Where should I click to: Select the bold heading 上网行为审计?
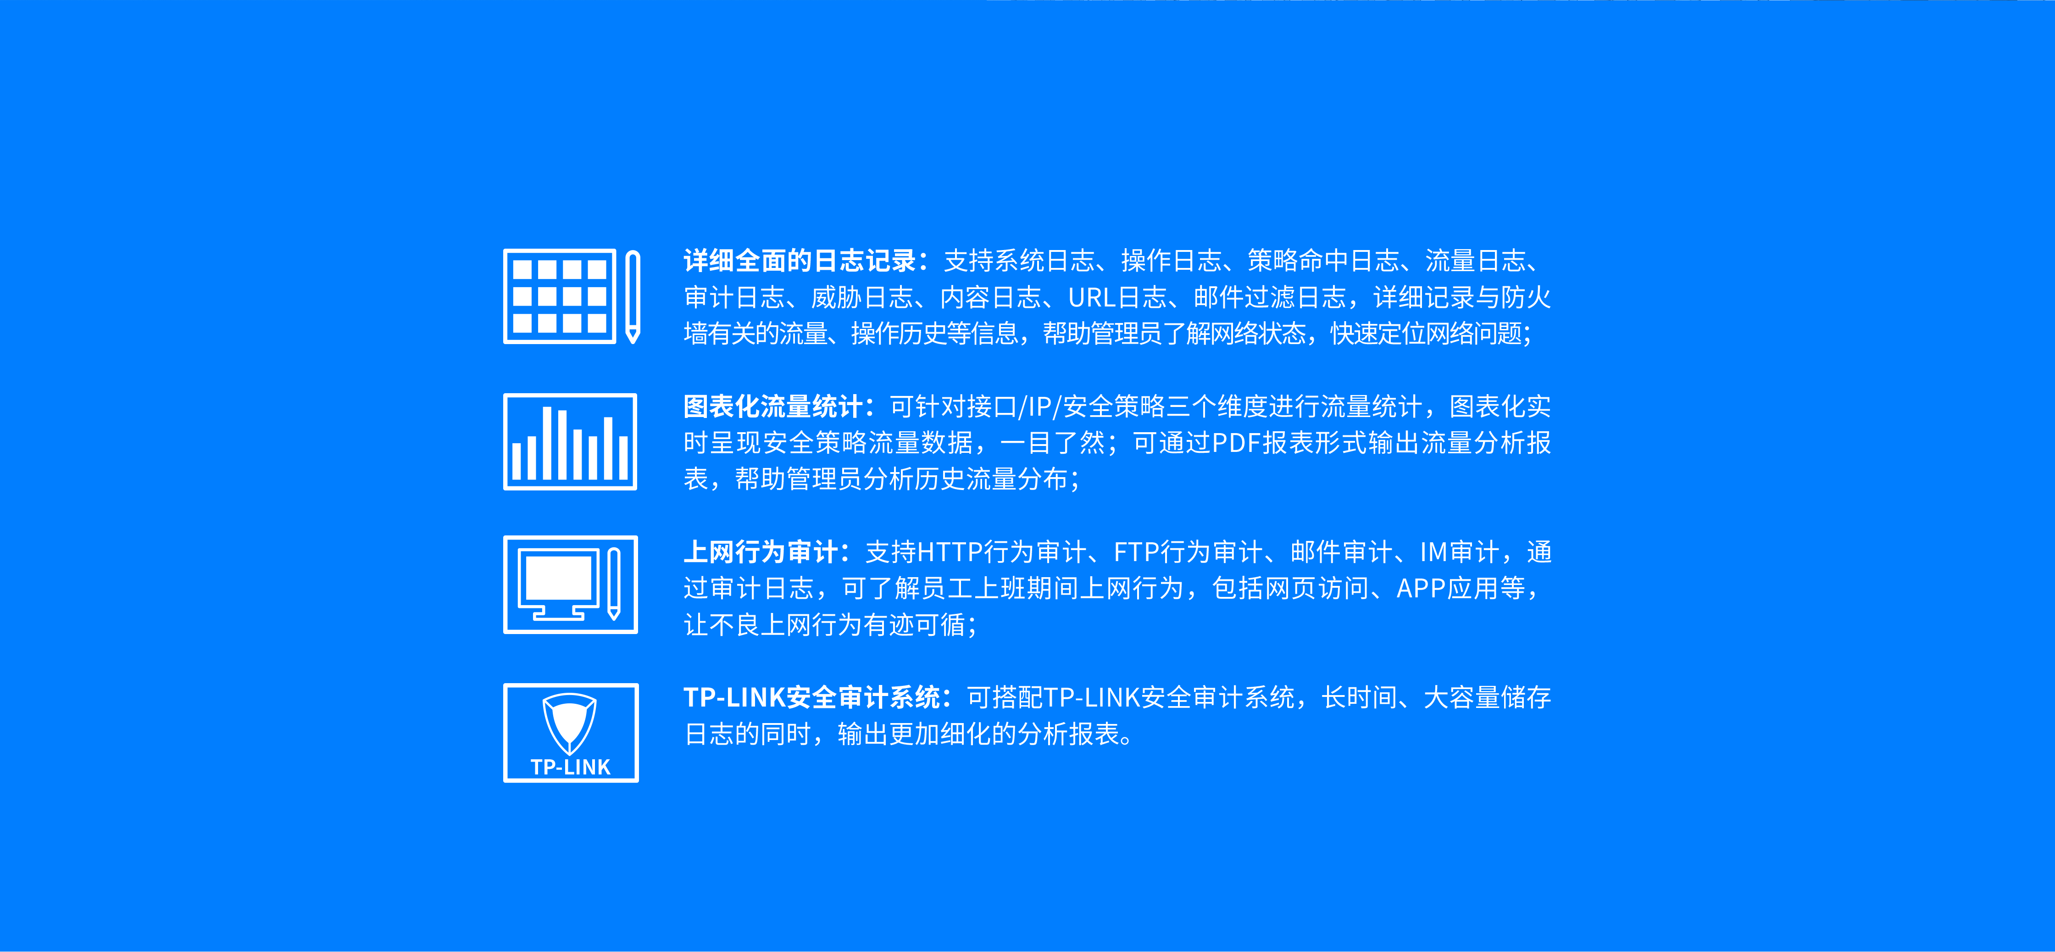(760, 552)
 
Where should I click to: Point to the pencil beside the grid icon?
(633, 297)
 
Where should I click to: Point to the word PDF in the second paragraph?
(1236, 443)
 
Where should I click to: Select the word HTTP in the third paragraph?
(950, 552)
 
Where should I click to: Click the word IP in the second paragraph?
(1039, 407)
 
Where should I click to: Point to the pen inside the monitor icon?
(613, 583)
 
